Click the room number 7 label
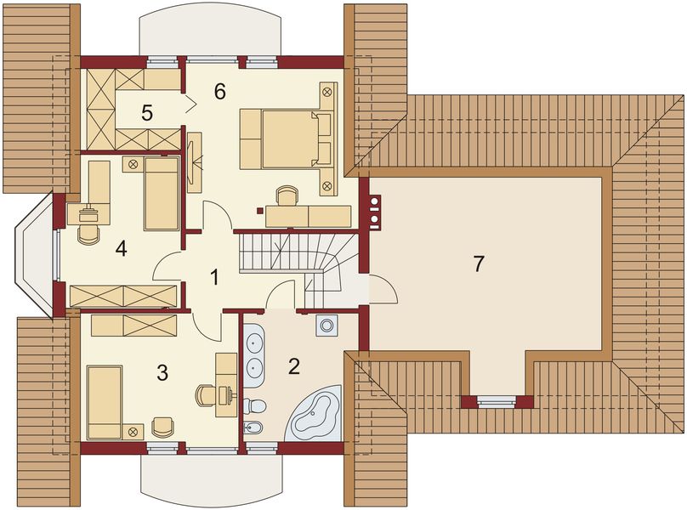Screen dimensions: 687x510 coord(478,264)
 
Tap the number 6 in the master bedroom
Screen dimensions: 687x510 coord(220,91)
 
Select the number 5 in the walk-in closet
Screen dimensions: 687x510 coord(147,113)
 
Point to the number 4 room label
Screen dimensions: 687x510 coord(122,249)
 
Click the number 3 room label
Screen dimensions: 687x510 coord(162,373)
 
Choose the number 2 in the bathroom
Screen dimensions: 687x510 coord(293,366)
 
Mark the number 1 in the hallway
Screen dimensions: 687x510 coord(214,277)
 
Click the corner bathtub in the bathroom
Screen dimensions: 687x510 coord(314,413)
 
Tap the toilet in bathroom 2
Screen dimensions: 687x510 coord(254,406)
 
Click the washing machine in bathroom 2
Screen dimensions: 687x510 coord(326,325)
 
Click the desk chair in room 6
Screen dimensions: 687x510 coord(287,195)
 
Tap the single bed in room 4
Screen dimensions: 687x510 coord(162,194)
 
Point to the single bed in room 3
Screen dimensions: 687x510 coord(105,402)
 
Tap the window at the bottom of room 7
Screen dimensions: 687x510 coord(496,401)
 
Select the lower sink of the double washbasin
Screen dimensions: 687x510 coord(253,366)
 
